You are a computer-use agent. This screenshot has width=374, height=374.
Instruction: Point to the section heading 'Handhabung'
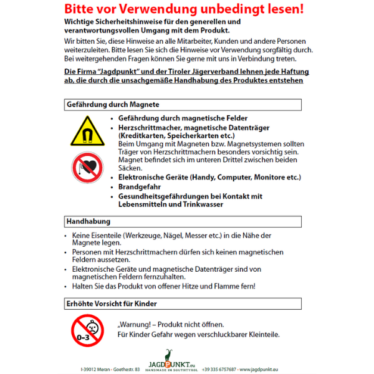[89, 221]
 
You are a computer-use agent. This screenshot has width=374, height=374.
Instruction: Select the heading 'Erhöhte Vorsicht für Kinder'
[112, 304]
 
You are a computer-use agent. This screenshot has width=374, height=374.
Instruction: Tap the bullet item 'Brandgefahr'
[140, 186]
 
